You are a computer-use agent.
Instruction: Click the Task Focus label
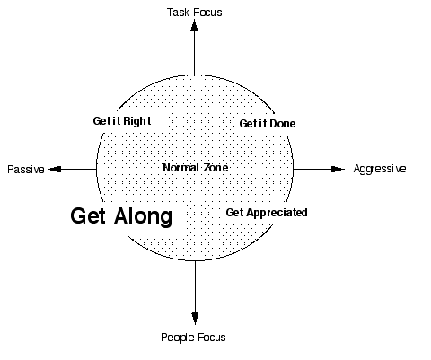pyautogui.click(x=195, y=13)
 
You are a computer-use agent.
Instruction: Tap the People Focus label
pyautogui.click(x=193, y=338)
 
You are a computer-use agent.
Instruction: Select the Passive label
pyautogui.click(x=26, y=170)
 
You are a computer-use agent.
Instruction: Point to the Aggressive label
pyautogui.click(x=380, y=169)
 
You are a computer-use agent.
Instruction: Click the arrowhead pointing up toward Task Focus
pyautogui.click(x=194, y=25)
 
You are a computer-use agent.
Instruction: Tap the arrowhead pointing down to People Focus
pyautogui.click(x=195, y=319)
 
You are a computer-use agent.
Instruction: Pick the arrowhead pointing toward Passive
pyautogui.click(x=55, y=169)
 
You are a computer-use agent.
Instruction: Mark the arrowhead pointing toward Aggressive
pyautogui.click(x=338, y=169)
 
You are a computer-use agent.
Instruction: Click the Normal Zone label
pyautogui.click(x=196, y=168)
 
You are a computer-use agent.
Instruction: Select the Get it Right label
pyautogui.click(x=122, y=121)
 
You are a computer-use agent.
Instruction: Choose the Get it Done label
pyautogui.click(x=268, y=124)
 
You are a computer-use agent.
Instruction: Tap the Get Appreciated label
pyautogui.click(x=267, y=213)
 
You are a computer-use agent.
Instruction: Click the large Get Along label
pyautogui.click(x=121, y=216)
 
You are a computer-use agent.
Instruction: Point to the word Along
pyautogui.click(x=144, y=216)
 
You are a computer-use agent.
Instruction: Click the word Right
pyautogui.click(x=137, y=121)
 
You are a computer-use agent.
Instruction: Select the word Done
pyautogui.click(x=282, y=124)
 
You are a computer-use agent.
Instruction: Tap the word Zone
pyautogui.click(x=215, y=168)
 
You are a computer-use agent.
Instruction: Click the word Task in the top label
pyautogui.click(x=178, y=13)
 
